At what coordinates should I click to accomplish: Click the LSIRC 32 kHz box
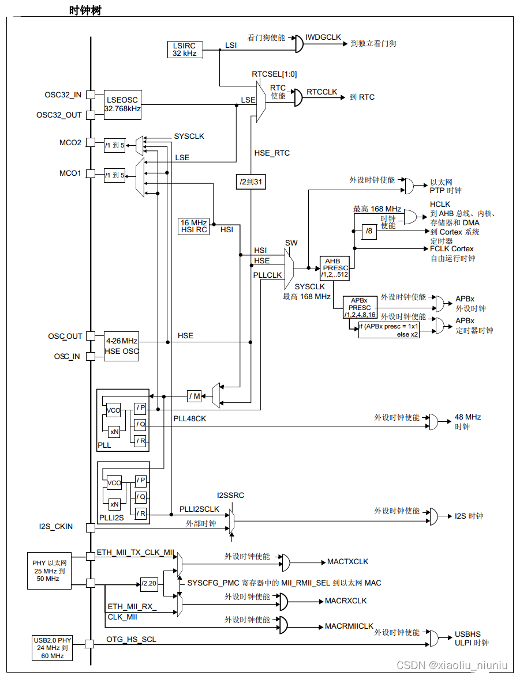click(185, 49)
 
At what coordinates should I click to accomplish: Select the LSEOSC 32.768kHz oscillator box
click(122, 104)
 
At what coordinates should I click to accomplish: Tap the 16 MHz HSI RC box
click(194, 226)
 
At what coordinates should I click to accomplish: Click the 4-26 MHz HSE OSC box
click(122, 346)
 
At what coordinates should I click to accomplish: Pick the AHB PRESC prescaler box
click(335, 268)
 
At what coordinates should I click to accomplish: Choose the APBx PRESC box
click(360, 308)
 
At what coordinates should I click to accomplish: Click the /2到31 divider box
click(251, 182)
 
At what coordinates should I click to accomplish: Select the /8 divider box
click(369, 232)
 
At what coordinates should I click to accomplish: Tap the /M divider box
click(195, 396)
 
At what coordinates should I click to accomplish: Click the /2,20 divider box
click(149, 584)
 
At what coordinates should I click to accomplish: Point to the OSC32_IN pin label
click(63, 95)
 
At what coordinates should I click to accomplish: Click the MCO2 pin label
click(70, 142)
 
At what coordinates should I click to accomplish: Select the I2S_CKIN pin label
click(55, 526)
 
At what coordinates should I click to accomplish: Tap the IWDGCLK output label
click(323, 37)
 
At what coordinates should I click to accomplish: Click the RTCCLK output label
click(321, 92)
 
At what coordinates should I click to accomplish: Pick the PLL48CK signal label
click(189, 418)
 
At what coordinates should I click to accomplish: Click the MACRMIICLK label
click(349, 626)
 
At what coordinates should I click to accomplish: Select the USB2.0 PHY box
click(53, 648)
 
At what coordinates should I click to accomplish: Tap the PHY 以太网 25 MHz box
click(50, 571)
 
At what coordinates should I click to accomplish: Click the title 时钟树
click(85, 10)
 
